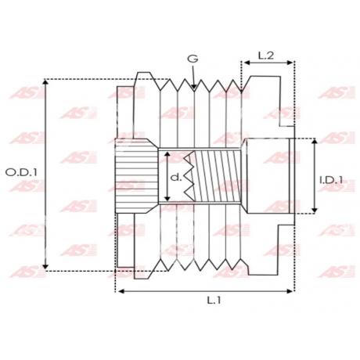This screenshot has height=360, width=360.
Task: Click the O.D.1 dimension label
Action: pos(22,172)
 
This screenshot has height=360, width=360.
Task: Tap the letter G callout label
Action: pos(193,59)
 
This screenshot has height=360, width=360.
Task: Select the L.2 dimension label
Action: pos(266,56)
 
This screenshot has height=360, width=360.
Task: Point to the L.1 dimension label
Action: pos(214,301)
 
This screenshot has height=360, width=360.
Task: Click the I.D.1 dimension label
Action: pos(331,180)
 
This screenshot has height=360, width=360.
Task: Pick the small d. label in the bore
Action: pos(176,178)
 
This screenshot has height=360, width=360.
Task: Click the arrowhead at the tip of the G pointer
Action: pos(193,86)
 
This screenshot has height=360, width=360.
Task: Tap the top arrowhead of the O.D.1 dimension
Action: pos(45,82)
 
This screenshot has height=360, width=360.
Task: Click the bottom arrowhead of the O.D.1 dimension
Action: pos(45,267)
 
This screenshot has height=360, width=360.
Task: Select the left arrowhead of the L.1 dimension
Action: pos(121,291)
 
